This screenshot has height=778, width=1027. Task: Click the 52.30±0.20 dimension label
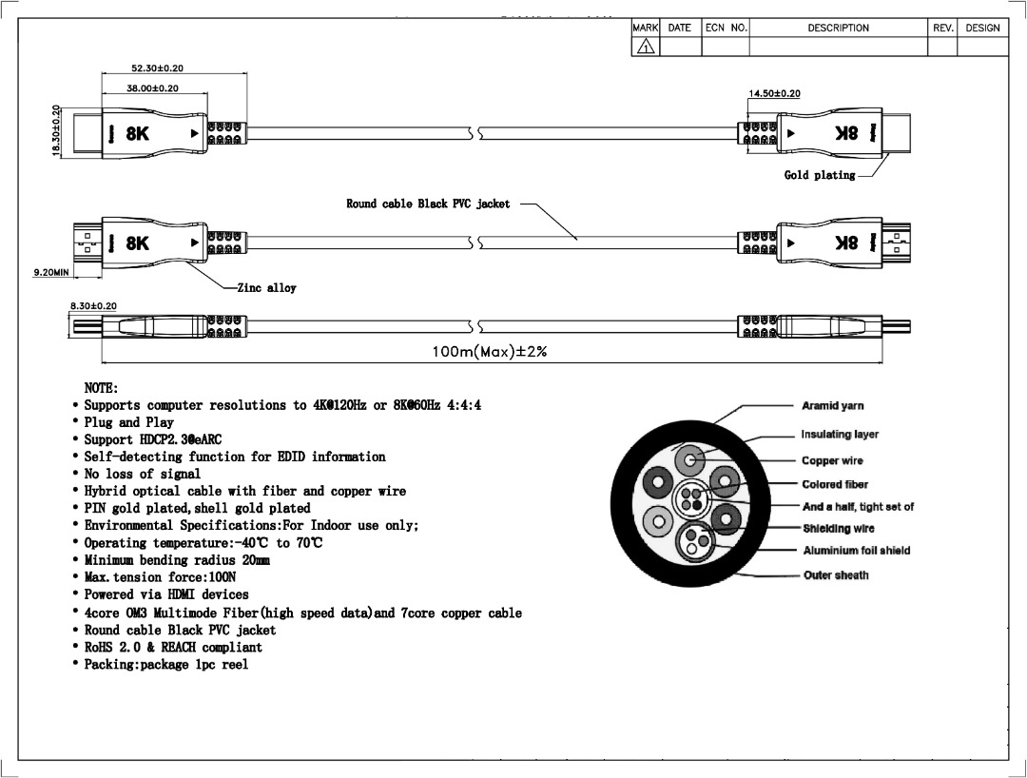coord(157,68)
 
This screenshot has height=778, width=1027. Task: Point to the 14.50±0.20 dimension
coord(774,93)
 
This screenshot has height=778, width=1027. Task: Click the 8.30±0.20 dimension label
coord(92,305)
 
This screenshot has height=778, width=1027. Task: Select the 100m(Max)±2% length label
coord(489,352)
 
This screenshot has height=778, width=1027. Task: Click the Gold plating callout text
coord(819,175)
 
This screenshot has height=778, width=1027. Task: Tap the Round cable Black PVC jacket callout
coord(428,204)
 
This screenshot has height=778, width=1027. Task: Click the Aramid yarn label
coord(833,406)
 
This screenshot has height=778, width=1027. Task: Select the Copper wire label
coord(833,461)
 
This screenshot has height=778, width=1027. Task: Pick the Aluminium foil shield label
coord(856,551)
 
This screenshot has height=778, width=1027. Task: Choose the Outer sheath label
coord(836,575)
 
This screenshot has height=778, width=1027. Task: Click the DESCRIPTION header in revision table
coord(838,29)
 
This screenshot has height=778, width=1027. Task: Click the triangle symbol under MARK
coord(646,47)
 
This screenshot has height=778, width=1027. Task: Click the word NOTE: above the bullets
coord(101,388)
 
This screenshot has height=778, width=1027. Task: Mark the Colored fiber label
coord(835,485)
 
